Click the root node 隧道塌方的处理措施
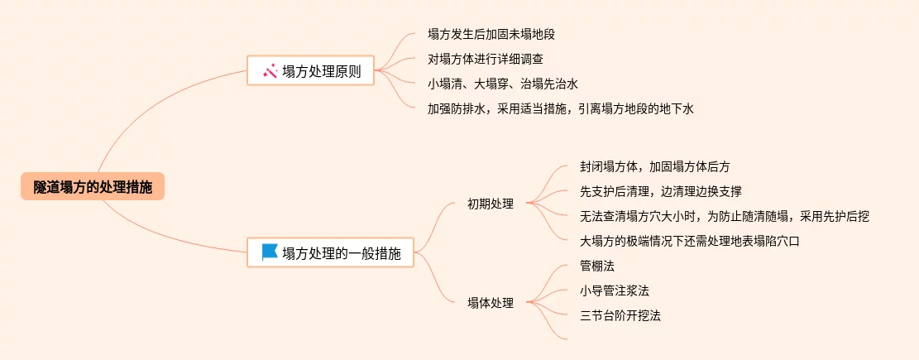click(93, 187)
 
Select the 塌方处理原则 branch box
click(311, 71)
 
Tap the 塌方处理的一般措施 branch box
click(330, 253)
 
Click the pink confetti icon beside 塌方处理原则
click(270, 71)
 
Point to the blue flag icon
click(270, 252)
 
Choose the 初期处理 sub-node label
click(490, 204)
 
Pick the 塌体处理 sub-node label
click(490, 303)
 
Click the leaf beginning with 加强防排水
click(559, 108)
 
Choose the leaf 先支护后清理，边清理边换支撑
click(660, 191)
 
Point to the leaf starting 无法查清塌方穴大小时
click(724, 216)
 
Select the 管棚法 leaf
click(597, 266)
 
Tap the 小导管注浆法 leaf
click(614, 290)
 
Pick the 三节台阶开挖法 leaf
click(620, 315)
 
